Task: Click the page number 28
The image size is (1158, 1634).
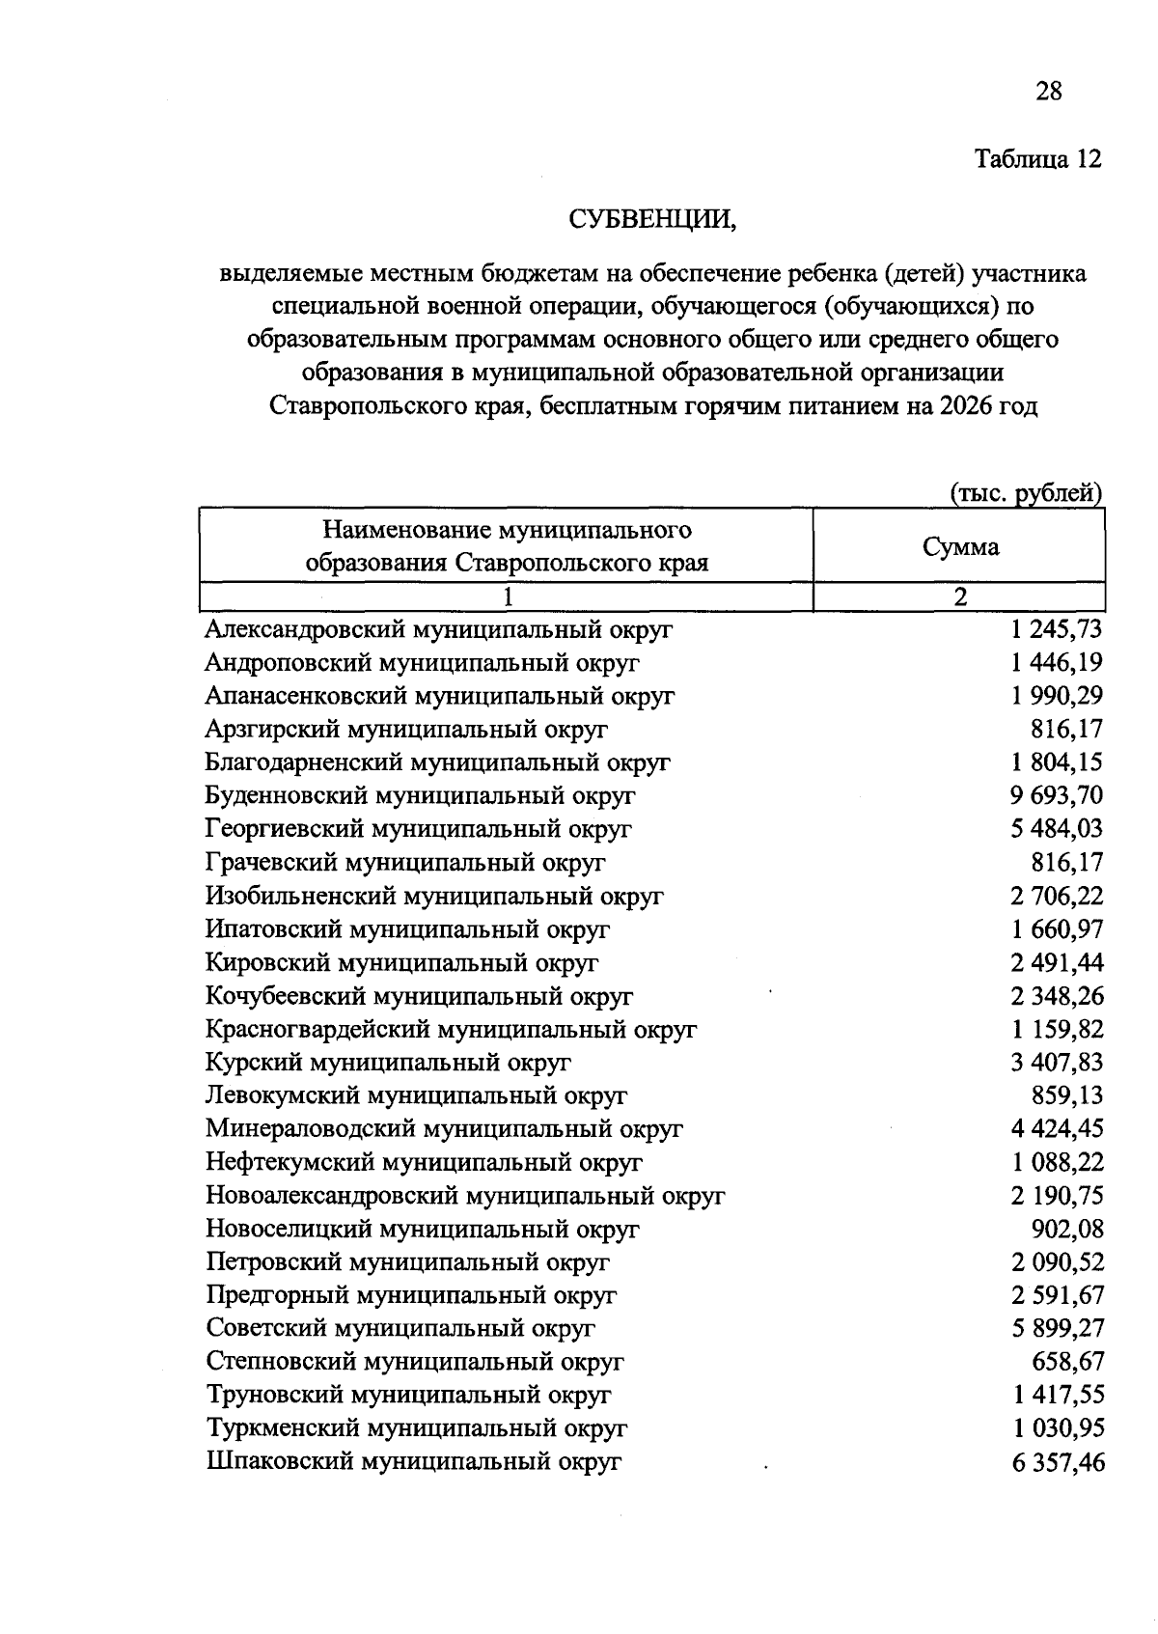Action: (x=1048, y=92)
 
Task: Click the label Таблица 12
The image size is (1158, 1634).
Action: (x=1037, y=158)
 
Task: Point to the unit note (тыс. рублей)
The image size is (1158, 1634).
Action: (x=1026, y=493)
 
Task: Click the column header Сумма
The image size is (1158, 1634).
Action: (x=960, y=547)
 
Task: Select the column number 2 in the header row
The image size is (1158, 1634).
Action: (x=960, y=596)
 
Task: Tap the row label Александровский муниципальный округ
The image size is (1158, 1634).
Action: (x=439, y=630)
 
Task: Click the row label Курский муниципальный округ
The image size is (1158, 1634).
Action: (x=388, y=1063)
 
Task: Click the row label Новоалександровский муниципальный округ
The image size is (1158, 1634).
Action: (x=465, y=1196)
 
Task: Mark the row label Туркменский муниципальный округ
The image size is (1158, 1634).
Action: (x=417, y=1428)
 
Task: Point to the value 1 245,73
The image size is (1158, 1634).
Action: (x=1057, y=630)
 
